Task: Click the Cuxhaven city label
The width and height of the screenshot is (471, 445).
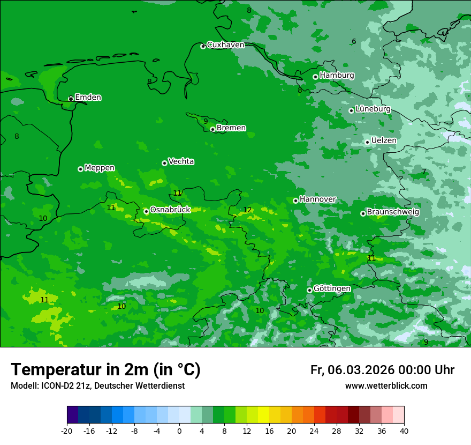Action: (225, 45)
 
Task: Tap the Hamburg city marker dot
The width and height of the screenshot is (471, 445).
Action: (316, 77)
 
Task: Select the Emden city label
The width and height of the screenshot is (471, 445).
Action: (88, 98)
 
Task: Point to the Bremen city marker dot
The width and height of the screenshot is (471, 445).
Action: (212, 129)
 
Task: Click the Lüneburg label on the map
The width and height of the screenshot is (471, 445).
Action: (373, 109)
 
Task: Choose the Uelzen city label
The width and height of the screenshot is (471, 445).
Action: (384, 140)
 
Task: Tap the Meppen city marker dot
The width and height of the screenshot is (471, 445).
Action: (80, 169)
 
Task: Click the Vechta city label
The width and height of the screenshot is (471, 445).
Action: (181, 161)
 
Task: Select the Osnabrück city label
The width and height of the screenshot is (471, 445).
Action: (170, 210)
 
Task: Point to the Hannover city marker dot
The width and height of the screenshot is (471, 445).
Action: (295, 201)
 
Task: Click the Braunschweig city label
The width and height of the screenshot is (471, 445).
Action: (393, 212)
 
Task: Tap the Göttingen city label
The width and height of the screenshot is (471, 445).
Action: (332, 288)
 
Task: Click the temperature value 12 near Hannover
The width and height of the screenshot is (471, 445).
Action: (247, 210)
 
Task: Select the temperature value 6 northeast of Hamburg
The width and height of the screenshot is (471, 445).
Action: (354, 42)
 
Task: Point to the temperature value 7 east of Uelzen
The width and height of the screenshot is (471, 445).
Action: (424, 172)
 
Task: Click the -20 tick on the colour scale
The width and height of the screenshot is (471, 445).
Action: (67, 431)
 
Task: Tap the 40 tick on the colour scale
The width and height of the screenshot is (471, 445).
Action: (404, 431)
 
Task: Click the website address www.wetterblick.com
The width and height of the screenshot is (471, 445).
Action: (386, 386)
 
